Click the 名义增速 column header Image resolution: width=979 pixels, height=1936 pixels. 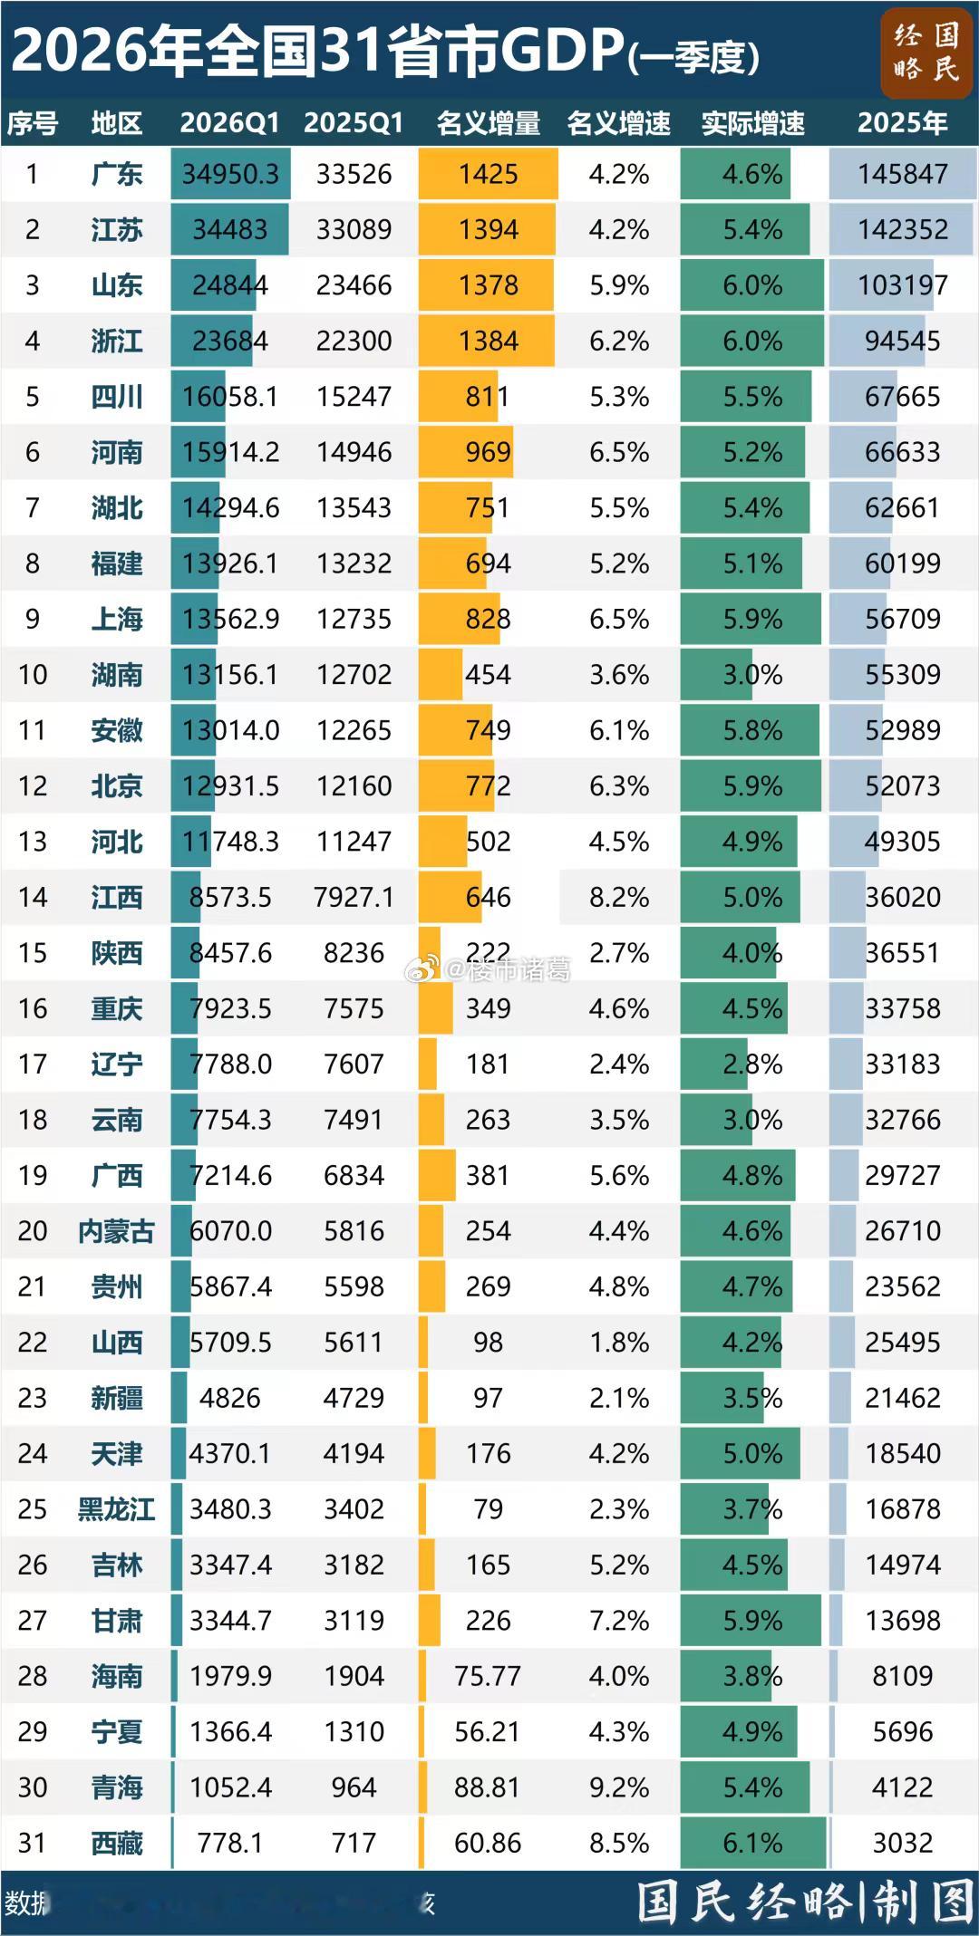(619, 123)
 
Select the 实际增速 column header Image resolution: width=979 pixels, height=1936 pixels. (752, 123)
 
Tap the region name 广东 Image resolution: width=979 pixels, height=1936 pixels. (117, 174)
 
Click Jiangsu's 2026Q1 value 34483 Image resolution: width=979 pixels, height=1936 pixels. (230, 230)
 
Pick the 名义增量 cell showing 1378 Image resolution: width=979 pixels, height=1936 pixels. (488, 285)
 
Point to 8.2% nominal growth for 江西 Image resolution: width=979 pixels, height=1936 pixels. (619, 898)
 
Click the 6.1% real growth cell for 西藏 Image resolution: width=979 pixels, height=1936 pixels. (752, 1844)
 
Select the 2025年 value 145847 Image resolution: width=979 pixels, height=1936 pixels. (902, 174)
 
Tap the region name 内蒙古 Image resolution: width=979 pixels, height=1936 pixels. (117, 1231)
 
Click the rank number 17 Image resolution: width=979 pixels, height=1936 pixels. (33, 1064)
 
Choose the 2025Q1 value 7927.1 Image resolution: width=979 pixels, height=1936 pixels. (354, 898)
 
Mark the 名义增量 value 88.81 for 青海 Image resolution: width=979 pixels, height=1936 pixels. (488, 1787)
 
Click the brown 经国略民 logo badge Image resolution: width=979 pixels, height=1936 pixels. (926, 52)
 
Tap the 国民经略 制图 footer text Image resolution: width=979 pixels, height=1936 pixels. (804, 1902)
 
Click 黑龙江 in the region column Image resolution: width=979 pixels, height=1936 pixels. (117, 1509)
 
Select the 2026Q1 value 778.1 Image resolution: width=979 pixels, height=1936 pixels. (230, 1844)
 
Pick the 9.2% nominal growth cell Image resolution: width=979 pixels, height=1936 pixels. (619, 1787)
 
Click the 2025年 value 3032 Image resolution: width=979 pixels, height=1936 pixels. (902, 1844)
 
